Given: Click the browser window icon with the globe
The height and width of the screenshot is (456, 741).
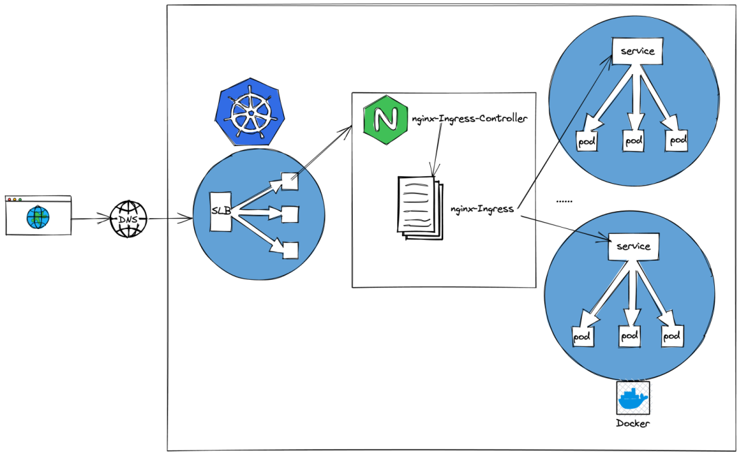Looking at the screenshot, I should [38, 215].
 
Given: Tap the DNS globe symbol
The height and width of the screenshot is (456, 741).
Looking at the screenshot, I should [128, 219].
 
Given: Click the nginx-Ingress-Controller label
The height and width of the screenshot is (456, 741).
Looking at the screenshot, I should [470, 119].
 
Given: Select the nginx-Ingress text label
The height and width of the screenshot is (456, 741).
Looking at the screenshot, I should [482, 209].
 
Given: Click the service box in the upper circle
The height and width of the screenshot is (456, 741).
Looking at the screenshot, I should [637, 51].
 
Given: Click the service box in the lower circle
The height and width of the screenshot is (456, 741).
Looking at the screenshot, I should [633, 246].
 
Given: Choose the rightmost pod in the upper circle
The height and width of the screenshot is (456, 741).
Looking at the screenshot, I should [677, 140].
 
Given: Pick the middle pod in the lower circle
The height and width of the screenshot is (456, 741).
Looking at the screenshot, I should [630, 336].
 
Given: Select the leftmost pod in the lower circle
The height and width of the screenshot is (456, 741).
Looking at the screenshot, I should [583, 337].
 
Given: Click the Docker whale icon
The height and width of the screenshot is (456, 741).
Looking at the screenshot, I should [633, 398].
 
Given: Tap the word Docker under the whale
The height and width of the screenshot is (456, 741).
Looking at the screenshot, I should [633, 423].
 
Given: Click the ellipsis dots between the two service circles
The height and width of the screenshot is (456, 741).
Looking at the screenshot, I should [564, 202].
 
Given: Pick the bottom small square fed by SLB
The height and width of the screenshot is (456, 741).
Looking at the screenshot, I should [290, 250].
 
